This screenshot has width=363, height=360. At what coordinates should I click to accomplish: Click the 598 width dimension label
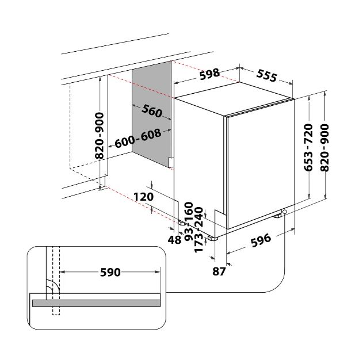tap(210, 74)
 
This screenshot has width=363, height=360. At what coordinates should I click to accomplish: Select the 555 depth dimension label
tap(267, 75)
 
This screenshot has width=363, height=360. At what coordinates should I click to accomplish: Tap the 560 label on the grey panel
tap(152, 111)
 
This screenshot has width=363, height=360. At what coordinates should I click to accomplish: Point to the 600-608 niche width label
tap(138, 138)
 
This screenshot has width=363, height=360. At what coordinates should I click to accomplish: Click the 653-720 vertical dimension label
tap(308, 148)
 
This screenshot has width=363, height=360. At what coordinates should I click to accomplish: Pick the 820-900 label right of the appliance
tap(325, 148)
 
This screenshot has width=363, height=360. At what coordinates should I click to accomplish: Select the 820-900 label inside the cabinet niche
tap(100, 136)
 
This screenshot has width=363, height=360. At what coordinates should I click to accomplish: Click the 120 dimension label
tap(144, 197)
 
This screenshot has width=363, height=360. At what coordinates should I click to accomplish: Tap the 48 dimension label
tap(174, 240)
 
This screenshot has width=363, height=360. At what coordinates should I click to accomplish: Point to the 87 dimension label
tap(219, 271)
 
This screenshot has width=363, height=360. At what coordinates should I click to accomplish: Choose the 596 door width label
tap(261, 240)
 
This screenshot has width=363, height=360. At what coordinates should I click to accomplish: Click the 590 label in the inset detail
tap(110, 273)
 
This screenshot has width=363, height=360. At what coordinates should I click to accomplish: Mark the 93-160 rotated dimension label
tap(189, 221)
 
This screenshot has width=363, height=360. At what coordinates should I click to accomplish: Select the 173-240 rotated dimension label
tap(198, 229)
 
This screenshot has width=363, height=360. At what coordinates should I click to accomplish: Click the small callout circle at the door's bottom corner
tap(285, 212)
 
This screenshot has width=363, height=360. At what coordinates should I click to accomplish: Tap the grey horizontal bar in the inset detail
tap(96, 303)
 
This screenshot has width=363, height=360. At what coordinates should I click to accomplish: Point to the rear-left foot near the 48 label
tap(182, 223)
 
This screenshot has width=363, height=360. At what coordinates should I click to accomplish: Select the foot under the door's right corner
tap(278, 216)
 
